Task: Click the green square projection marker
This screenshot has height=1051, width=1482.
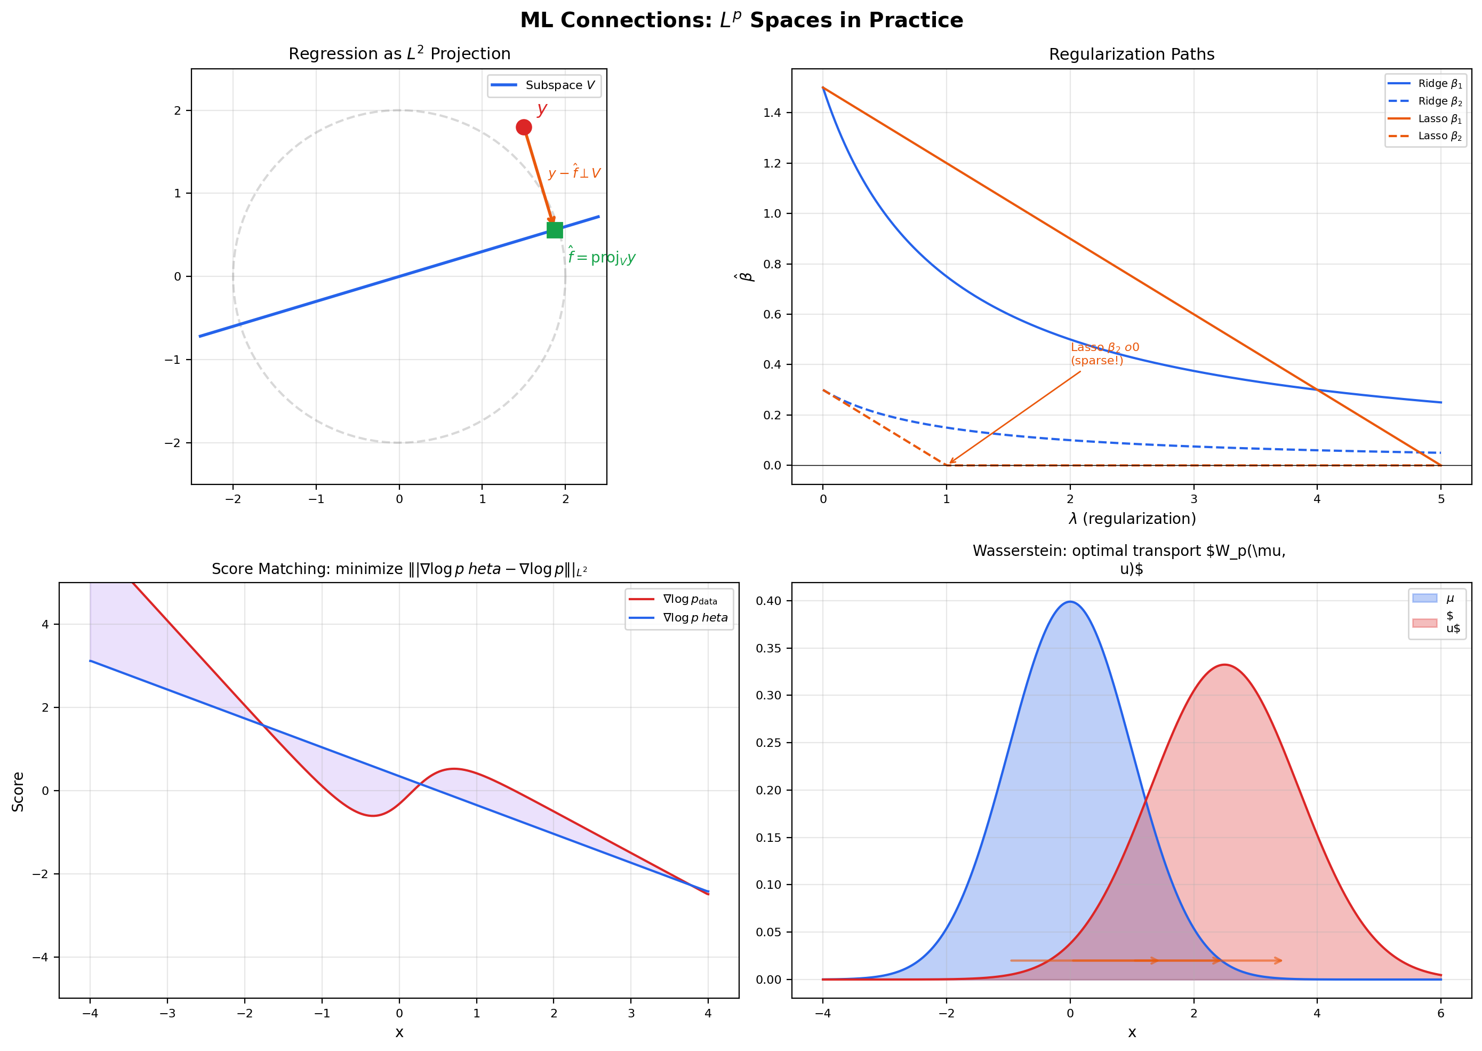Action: (x=555, y=230)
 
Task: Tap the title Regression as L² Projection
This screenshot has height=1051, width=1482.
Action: (x=399, y=54)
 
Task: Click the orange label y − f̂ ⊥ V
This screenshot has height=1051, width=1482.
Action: (x=574, y=173)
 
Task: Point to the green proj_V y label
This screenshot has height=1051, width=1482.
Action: (x=601, y=258)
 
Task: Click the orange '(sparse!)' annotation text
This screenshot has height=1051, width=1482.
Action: (x=1096, y=361)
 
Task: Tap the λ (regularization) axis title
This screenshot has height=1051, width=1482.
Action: (x=1132, y=519)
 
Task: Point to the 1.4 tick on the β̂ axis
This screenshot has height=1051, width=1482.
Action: (x=772, y=113)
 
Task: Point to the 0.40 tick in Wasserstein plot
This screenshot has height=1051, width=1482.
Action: (x=768, y=601)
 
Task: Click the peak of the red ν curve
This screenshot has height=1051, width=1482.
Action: (x=1224, y=665)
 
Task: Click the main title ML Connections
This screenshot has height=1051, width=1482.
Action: (x=741, y=21)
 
